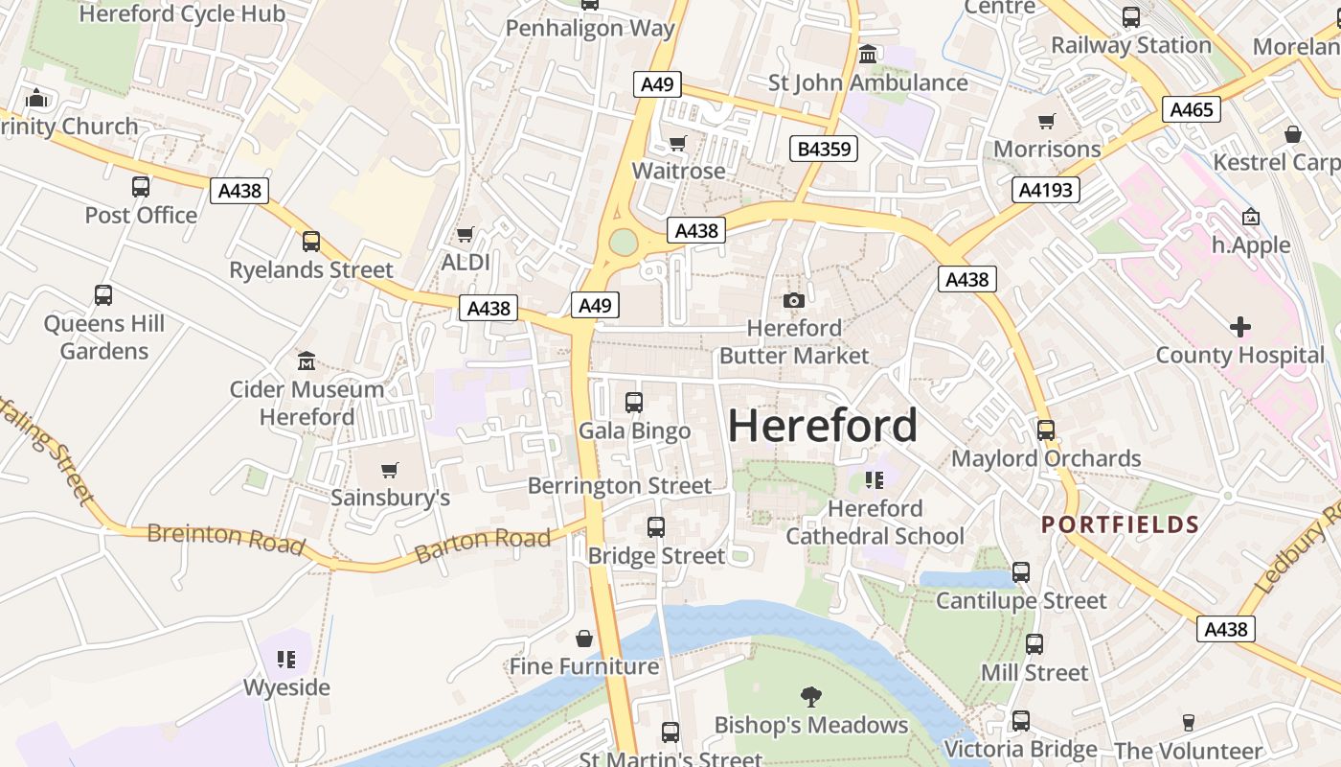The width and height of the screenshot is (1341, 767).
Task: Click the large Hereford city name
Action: [823, 426]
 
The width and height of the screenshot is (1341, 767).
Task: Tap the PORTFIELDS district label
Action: [1120, 524]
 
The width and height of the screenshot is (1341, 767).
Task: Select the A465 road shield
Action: [1192, 109]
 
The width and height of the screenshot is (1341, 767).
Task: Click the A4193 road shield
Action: [1046, 190]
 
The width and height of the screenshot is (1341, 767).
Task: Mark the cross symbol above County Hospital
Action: [1239, 327]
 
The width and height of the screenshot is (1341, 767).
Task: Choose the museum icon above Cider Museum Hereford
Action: [307, 361]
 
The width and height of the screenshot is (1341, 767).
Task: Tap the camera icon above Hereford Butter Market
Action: [793, 301]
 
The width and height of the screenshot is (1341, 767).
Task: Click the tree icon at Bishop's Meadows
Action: [811, 696]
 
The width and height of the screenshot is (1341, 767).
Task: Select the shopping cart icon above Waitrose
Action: [678, 144]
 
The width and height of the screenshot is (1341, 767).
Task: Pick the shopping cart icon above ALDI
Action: [466, 235]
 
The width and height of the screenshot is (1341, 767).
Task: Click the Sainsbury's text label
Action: [390, 498]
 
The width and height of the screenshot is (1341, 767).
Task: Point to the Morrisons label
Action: [1047, 149]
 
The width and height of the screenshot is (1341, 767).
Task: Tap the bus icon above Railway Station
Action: [1131, 17]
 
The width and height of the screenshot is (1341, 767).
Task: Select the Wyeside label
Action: [286, 687]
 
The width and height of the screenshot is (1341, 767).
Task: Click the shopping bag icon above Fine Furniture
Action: [584, 639]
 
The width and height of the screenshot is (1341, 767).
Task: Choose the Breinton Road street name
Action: [226, 540]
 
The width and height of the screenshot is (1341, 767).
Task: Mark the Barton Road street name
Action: [483, 545]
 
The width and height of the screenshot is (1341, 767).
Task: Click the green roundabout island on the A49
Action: [623, 243]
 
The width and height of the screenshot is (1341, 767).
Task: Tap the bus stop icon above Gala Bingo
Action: [634, 403]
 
